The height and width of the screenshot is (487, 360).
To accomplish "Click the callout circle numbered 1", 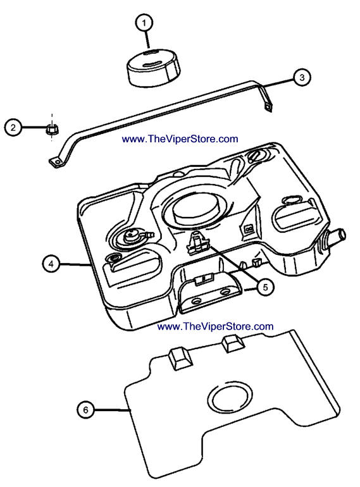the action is (x=144, y=23).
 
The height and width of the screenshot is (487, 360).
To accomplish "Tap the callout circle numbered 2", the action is (x=13, y=127).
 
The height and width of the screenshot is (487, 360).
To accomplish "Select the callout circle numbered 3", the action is (x=302, y=77).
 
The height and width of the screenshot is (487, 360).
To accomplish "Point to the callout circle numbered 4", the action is (x=51, y=264).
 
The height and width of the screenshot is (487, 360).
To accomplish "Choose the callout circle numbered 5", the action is (x=265, y=287).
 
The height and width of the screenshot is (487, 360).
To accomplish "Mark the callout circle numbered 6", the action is (x=85, y=410).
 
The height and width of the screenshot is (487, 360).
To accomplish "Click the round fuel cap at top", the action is (x=154, y=67).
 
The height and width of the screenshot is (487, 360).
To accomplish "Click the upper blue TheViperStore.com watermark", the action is (x=180, y=139).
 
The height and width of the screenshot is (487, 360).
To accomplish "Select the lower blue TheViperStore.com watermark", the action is (x=215, y=326).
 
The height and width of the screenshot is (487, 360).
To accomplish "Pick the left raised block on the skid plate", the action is (x=180, y=359).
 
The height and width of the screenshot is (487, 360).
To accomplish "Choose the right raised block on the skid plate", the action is (x=233, y=343).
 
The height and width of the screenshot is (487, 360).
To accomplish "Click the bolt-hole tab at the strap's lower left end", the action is (x=56, y=163).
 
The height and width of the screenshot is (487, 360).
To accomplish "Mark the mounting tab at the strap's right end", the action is (x=267, y=106).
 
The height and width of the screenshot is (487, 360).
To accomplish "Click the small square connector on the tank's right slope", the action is (x=248, y=229).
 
